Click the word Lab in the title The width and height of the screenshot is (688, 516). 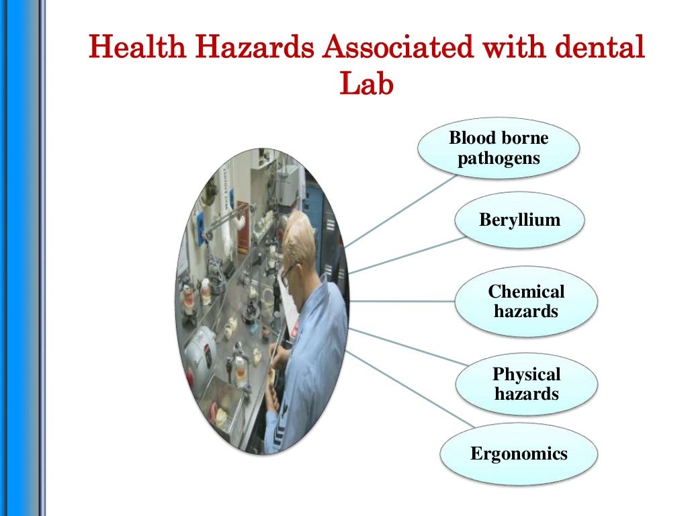coord(365,85)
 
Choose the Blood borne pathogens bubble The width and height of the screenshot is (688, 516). coord(499,149)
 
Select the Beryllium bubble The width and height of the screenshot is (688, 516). coord(519,220)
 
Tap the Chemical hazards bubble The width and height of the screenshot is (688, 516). coord(526,301)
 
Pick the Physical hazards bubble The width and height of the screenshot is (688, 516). coord(526,384)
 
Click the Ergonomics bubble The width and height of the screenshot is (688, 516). coord(519,454)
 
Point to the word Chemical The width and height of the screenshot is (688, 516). coord(526,292)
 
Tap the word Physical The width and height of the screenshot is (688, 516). coord(526,374)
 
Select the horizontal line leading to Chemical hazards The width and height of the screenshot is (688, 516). coord(403,301)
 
